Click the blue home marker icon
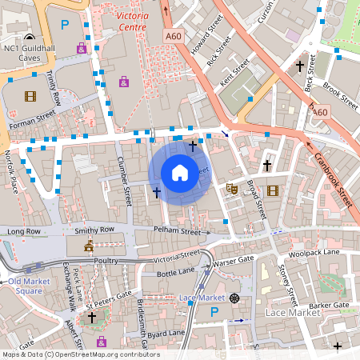tap(180, 172)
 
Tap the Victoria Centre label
tap(120, 21)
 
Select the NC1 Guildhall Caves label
tap(29, 53)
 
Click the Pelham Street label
tap(178, 230)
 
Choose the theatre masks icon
tap(232, 189)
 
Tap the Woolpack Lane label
tap(314, 253)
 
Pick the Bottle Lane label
tap(176, 273)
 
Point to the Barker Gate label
tap(330, 306)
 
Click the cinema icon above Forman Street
tap(30, 96)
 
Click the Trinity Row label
tap(54, 87)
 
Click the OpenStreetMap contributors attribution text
tap(80, 354)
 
